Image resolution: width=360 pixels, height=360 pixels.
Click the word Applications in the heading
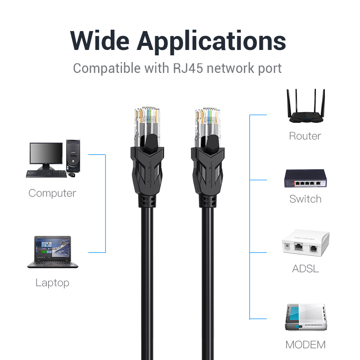coord(211,42)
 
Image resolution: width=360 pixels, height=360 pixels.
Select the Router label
coord(305,136)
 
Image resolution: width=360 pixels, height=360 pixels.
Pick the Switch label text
coord(305,199)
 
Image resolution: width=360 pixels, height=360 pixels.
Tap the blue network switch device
coord(305,178)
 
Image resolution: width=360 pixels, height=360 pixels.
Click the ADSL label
coord(305,269)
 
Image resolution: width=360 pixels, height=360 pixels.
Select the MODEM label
coord(305,345)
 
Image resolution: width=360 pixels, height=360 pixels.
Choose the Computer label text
coord(52,193)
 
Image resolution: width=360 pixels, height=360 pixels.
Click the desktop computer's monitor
coord(46,154)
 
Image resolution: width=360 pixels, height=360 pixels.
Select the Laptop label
coord(52,283)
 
